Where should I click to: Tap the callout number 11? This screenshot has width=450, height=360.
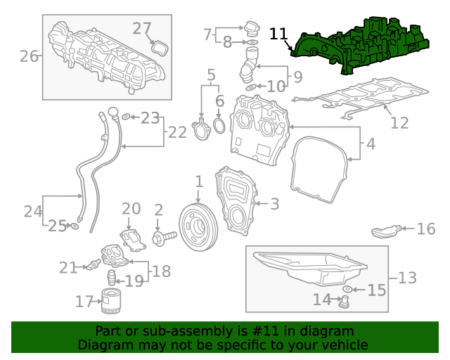point(278,34)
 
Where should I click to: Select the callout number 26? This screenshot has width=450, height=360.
point(29,56)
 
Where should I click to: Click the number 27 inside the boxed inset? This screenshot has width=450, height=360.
point(142,29)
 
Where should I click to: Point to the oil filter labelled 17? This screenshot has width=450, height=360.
point(112,301)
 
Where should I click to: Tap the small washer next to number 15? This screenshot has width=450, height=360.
point(348,290)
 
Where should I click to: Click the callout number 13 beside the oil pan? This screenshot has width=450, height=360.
point(407,278)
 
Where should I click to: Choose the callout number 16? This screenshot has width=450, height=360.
point(426,229)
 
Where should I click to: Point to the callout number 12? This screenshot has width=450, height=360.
point(399,123)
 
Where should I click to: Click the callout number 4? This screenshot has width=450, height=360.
point(371,146)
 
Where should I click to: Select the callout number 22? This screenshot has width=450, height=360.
point(178,131)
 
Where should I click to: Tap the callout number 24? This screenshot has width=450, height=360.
point(33,211)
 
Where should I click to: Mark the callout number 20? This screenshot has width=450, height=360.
point(131,209)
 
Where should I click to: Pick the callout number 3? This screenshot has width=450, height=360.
point(274,204)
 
